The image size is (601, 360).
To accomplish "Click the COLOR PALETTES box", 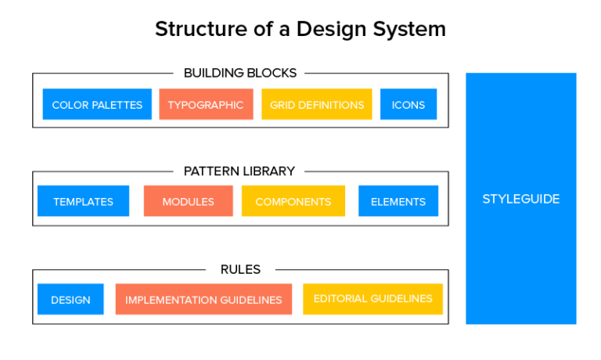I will (97, 105).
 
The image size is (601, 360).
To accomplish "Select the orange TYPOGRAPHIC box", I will (205, 105).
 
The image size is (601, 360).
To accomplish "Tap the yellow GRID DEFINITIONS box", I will (317, 105).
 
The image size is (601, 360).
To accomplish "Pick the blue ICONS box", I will (408, 105).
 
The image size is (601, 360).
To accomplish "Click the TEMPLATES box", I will (83, 201).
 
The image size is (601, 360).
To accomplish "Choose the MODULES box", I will (188, 201).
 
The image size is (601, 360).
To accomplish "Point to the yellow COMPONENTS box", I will (293, 201).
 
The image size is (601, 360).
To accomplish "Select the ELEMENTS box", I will (398, 201).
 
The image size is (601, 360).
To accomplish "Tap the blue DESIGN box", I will (70, 300).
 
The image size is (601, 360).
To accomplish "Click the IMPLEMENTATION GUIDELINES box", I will (203, 300).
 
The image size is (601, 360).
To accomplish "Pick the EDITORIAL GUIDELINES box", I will (372, 299).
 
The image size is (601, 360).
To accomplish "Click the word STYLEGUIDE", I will (520, 199).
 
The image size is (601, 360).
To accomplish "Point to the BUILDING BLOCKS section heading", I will (240, 73).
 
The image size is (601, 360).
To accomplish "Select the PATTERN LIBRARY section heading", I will (239, 171).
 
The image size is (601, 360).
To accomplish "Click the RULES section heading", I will (240, 269).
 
